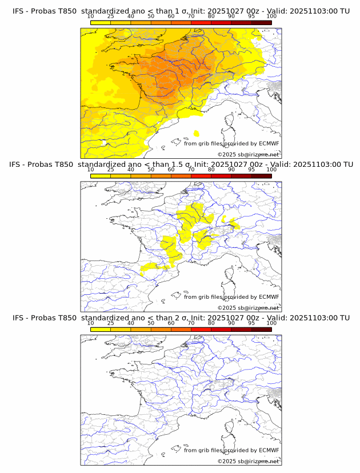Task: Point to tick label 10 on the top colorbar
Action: click(x=90, y=16)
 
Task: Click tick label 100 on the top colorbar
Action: click(x=271, y=16)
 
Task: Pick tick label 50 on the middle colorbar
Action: click(x=151, y=169)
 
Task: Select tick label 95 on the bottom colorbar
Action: click(x=251, y=322)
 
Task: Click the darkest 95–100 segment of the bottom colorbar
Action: click(x=261, y=330)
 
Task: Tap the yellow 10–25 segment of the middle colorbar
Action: click(x=101, y=176)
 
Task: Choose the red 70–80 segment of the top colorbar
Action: click(x=201, y=23)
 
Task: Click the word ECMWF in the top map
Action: click(x=269, y=144)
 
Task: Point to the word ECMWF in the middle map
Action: click(x=269, y=297)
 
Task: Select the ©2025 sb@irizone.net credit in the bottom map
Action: click(x=248, y=461)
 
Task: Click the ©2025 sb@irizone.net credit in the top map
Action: click(x=248, y=155)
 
